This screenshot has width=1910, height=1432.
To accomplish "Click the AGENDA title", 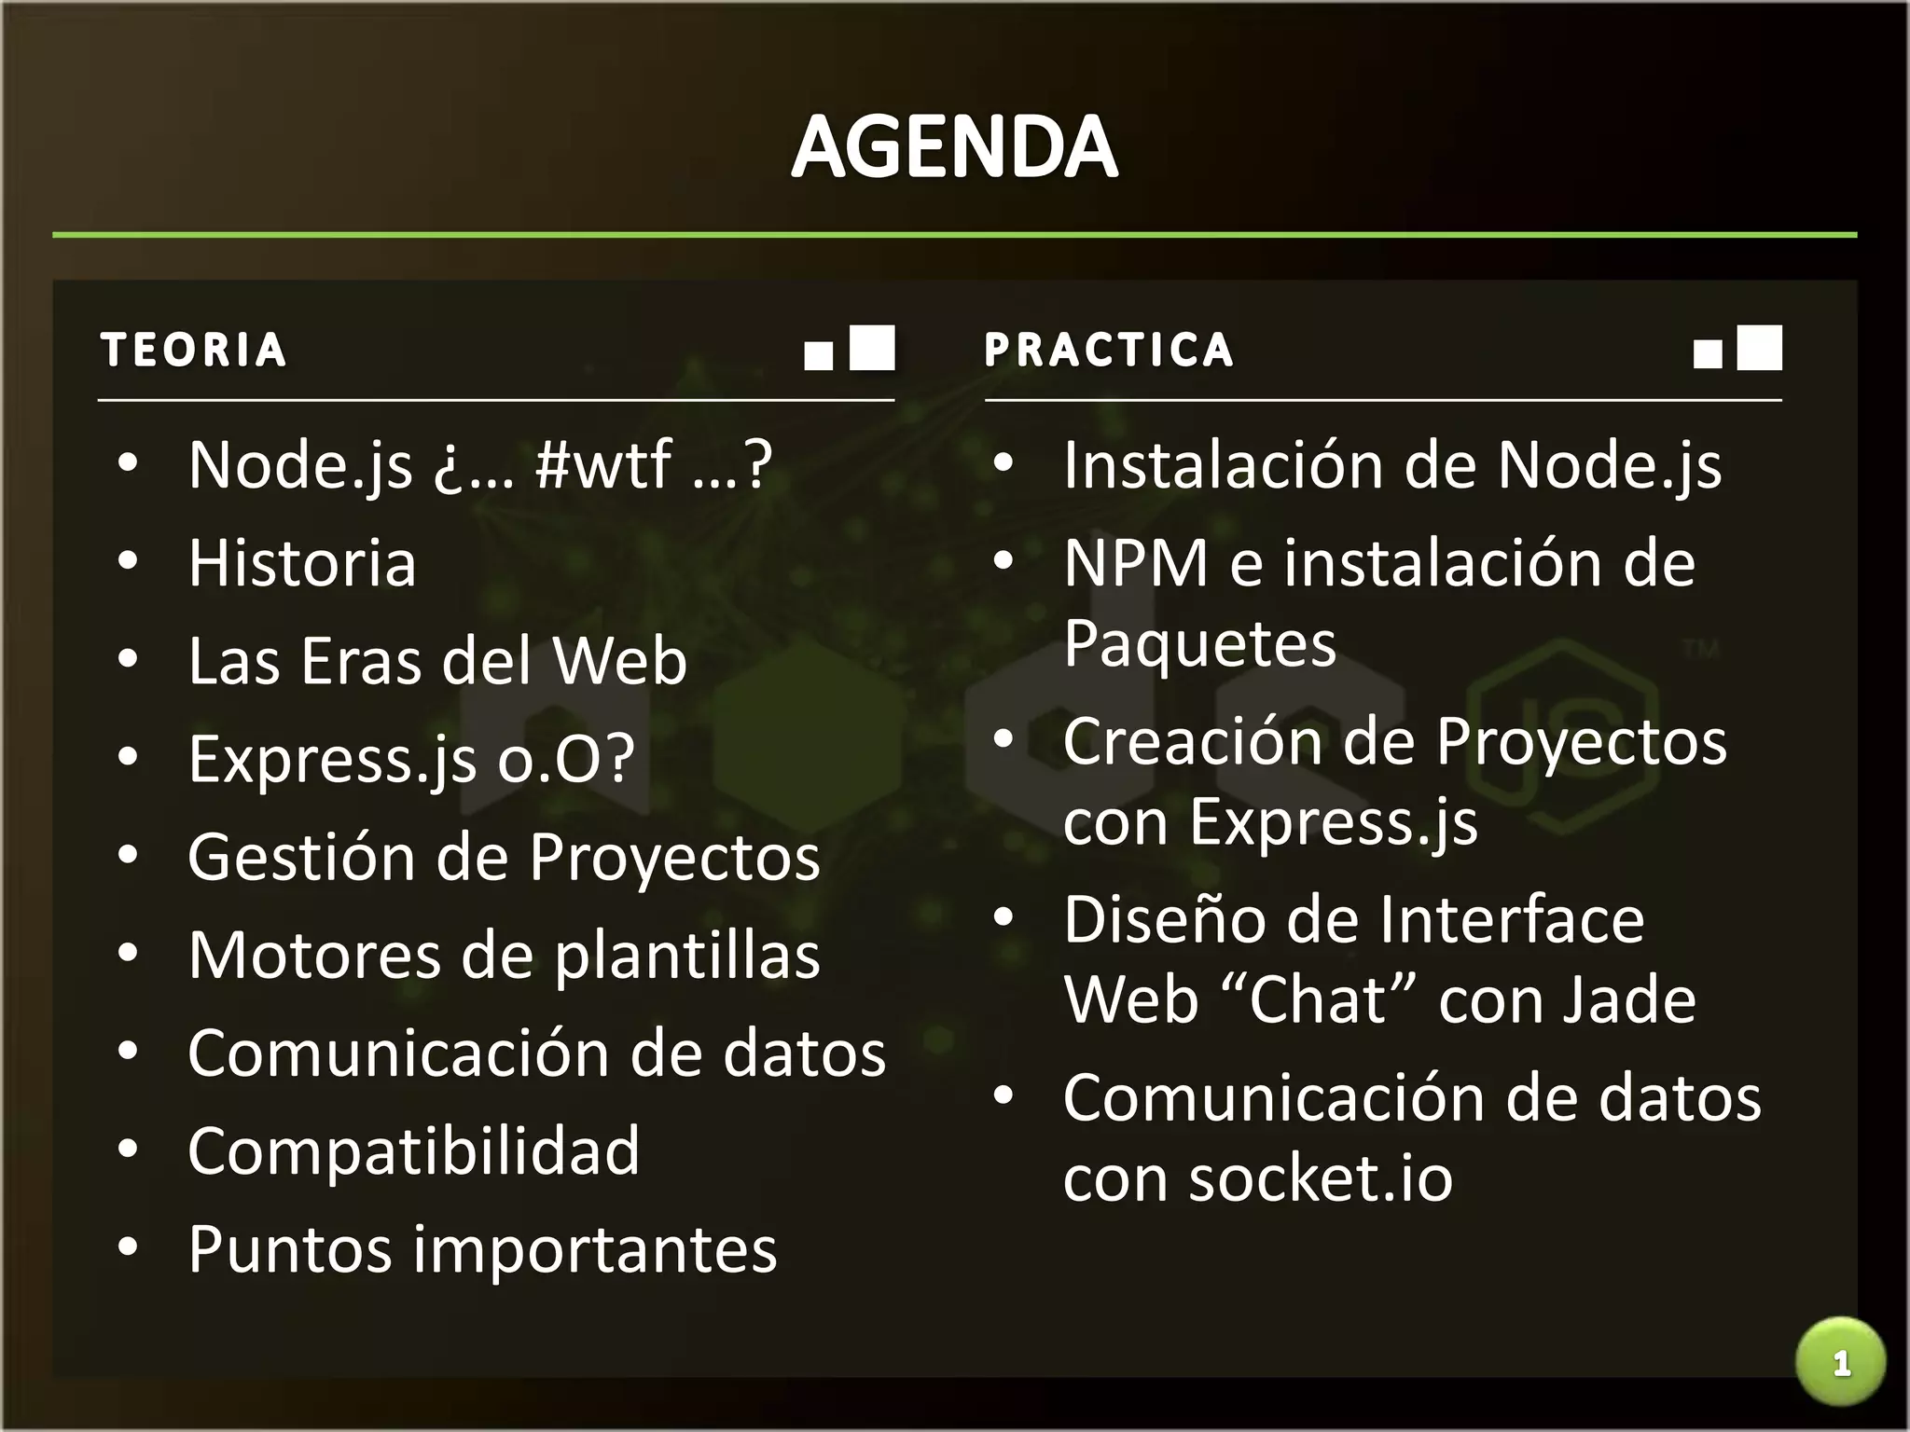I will coord(954,147).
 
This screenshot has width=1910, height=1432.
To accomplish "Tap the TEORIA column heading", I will coord(193,351).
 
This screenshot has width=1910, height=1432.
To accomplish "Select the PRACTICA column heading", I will coord(1109,351).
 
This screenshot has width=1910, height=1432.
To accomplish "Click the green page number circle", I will coord(1840,1363).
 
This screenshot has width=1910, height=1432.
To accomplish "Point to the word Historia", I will coord(302,563).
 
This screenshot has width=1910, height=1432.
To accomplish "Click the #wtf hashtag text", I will coord(603,464).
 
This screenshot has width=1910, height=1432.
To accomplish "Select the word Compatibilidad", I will coord(414,1150).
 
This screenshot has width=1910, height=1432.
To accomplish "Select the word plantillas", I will coord(687,957).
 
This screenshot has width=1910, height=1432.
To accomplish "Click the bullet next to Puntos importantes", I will coord(129,1247).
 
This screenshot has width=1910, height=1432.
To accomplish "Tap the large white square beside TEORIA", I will coord(872,348).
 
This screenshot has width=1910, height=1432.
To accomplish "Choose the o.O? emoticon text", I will coord(566,759).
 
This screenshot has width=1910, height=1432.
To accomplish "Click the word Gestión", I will coord(301,858).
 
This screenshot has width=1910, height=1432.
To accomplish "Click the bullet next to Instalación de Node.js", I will coord(1003,463).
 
